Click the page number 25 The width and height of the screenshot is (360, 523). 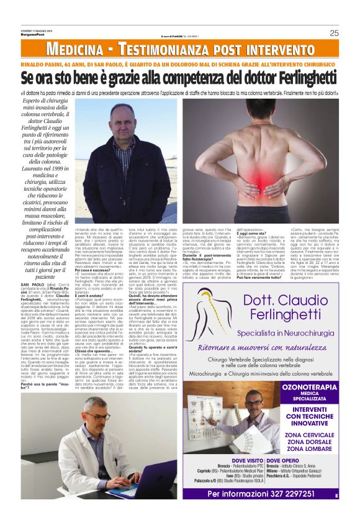pos(334,34)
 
